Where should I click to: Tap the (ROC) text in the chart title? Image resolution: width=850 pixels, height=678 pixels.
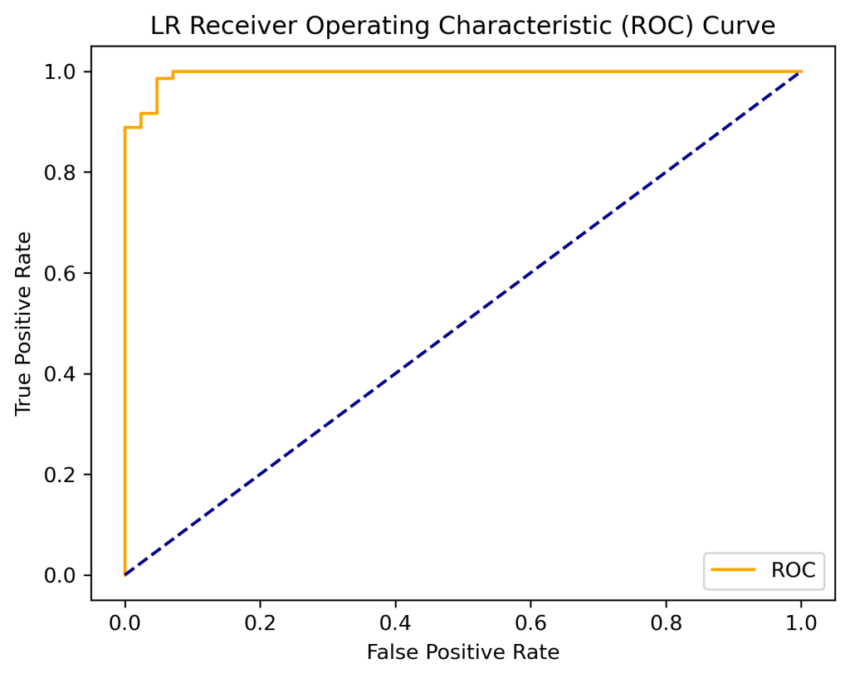(659, 26)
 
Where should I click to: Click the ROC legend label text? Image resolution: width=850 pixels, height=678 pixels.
(793, 570)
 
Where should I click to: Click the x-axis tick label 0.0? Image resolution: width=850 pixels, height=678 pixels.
(125, 621)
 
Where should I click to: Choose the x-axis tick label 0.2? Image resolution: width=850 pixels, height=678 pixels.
(260, 621)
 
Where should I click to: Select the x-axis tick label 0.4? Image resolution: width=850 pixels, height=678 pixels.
(395, 621)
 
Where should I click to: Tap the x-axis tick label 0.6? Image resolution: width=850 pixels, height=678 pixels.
(530, 621)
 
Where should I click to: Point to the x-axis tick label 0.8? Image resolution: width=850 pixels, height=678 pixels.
(666, 621)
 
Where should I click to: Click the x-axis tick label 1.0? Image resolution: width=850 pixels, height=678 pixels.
(801, 621)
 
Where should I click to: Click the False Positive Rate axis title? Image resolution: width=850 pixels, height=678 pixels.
(462, 652)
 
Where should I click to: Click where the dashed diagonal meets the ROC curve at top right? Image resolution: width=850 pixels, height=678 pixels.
(800, 72)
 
